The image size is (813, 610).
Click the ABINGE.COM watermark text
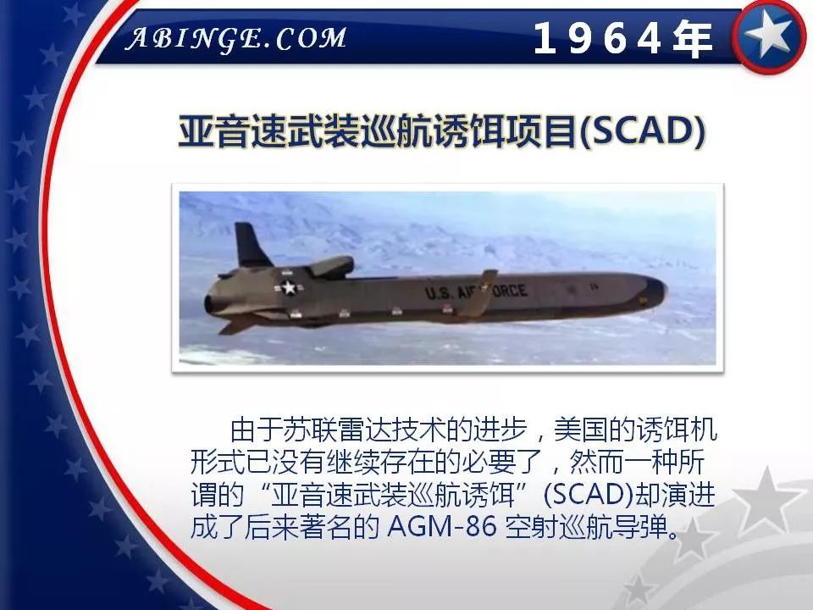(236, 38)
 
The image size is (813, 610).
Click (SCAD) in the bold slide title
(641, 133)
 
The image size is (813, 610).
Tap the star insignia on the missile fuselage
(289, 288)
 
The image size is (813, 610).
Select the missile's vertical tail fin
(251, 246)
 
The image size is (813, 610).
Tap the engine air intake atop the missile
(330, 266)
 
